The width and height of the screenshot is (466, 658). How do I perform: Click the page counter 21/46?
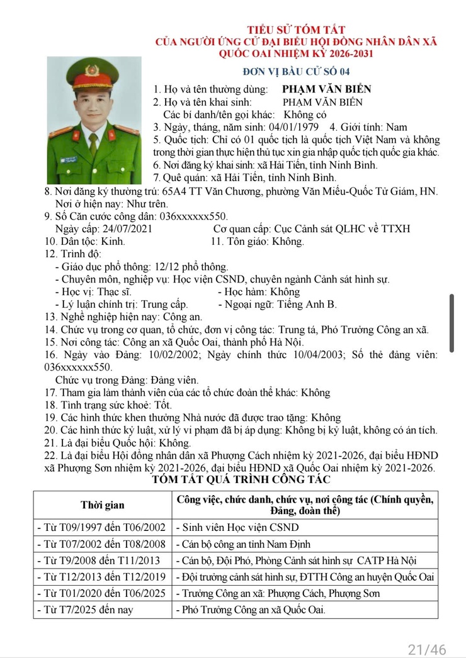(x=427, y=649)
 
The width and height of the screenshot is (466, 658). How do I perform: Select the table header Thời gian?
(x=102, y=505)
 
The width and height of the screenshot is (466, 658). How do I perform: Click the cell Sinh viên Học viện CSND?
(x=237, y=528)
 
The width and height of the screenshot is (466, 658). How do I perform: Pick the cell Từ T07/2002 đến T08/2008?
(x=102, y=544)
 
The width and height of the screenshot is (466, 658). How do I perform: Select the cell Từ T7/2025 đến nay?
(x=85, y=610)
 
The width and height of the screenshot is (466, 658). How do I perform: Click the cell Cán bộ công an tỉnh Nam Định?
(x=242, y=544)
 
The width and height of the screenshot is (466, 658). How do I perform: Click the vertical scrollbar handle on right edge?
(x=451, y=323)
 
